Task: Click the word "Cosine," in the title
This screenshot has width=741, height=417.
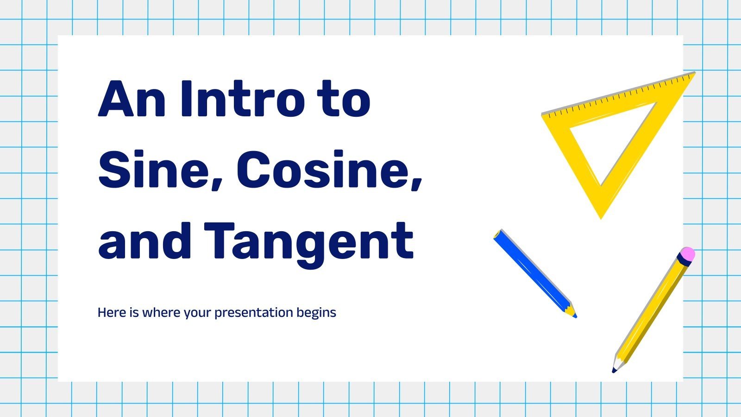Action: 329,170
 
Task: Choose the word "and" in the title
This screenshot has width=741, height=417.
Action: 144,241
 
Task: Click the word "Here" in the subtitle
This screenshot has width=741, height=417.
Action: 112,312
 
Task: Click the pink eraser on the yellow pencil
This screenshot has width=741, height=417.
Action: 688,253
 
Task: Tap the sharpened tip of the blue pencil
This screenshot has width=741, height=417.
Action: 574,316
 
